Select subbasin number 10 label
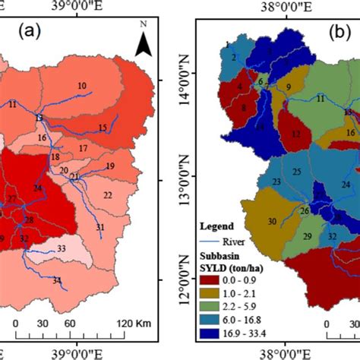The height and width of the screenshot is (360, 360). click(x=81, y=87)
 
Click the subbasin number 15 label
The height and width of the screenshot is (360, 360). click(x=103, y=127)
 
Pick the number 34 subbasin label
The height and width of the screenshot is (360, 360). click(x=57, y=281)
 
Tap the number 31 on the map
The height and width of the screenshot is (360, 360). click(x=100, y=228)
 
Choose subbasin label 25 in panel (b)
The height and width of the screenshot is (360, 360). click(x=297, y=171)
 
